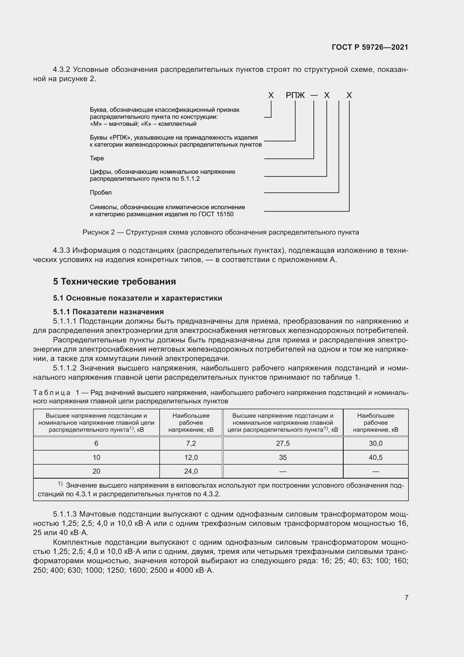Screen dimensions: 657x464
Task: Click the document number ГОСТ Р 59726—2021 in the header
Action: tap(370, 47)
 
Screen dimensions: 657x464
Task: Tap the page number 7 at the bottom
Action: tap(406, 597)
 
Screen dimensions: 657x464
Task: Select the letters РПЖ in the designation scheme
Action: tap(295, 95)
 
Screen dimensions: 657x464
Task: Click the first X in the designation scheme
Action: tap(271, 95)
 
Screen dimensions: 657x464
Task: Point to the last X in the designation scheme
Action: tap(349, 95)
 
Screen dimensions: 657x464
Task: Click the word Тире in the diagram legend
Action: tap(97, 158)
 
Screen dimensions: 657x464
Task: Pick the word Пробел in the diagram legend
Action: tap(101, 193)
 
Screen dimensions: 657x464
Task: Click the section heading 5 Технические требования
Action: tap(114, 281)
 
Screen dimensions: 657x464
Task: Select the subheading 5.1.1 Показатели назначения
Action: tap(108, 312)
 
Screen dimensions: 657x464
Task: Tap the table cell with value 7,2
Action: tap(191, 443)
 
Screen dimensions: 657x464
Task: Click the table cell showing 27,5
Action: tap(283, 443)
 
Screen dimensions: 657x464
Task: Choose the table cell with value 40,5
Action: tap(375, 457)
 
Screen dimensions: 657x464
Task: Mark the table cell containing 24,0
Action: tap(191, 471)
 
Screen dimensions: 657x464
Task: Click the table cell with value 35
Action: tap(283, 457)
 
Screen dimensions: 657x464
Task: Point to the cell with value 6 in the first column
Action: tap(96, 443)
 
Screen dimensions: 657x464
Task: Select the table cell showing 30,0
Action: tap(375, 443)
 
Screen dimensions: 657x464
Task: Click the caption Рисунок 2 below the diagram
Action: tap(98, 232)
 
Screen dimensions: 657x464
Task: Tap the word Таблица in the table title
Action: tap(52, 393)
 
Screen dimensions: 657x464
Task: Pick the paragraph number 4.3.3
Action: tap(61, 251)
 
